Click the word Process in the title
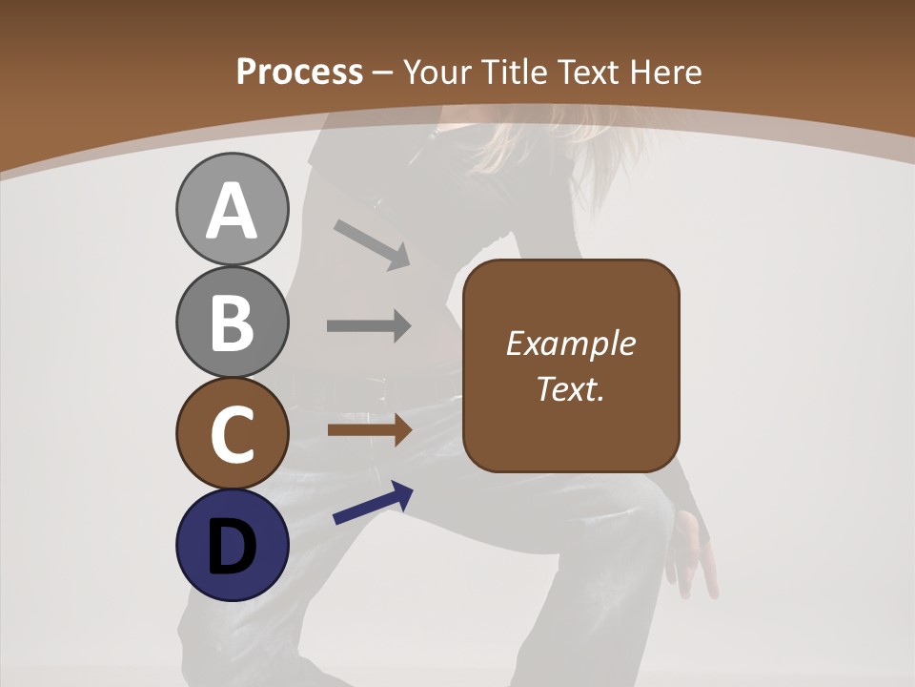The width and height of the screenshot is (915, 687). (x=299, y=72)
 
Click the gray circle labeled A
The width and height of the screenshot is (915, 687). (x=233, y=209)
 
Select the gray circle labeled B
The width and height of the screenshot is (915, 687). (x=233, y=322)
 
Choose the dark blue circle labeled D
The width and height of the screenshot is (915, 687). (x=233, y=545)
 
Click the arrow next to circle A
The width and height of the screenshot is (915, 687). (x=373, y=244)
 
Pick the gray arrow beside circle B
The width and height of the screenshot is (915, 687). (x=369, y=325)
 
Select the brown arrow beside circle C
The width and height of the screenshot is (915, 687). (x=369, y=429)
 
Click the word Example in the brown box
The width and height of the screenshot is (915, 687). (x=570, y=343)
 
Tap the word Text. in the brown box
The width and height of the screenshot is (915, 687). (x=570, y=388)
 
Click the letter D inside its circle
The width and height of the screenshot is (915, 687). (x=233, y=547)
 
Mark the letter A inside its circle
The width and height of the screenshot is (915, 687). (x=233, y=211)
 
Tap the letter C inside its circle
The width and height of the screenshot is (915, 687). (x=233, y=434)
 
